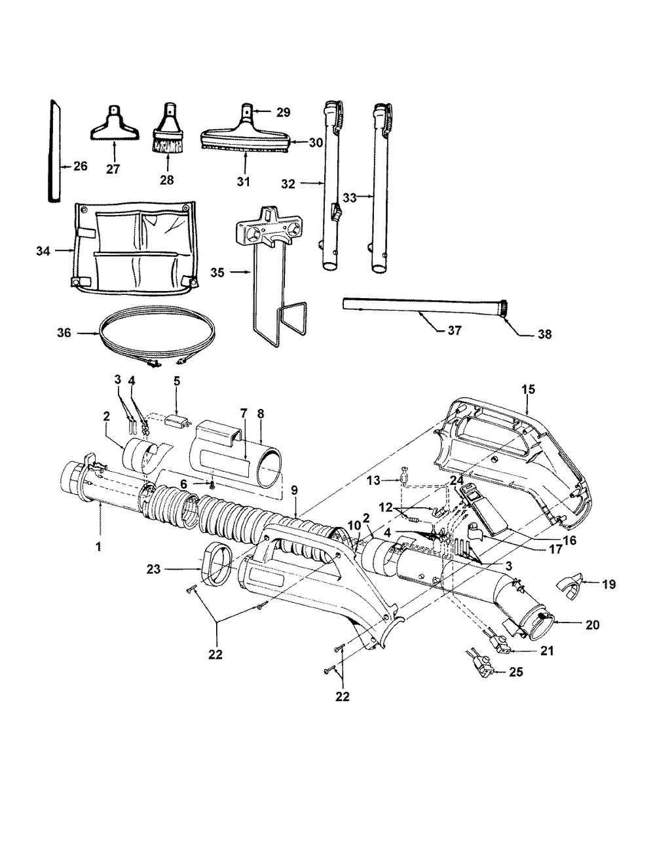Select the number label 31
tap(244, 182)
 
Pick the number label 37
tap(454, 330)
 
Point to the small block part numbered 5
tap(178, 422)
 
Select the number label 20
tap(592, 625)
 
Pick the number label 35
tap(217, 273)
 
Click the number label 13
tap(373, 480)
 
